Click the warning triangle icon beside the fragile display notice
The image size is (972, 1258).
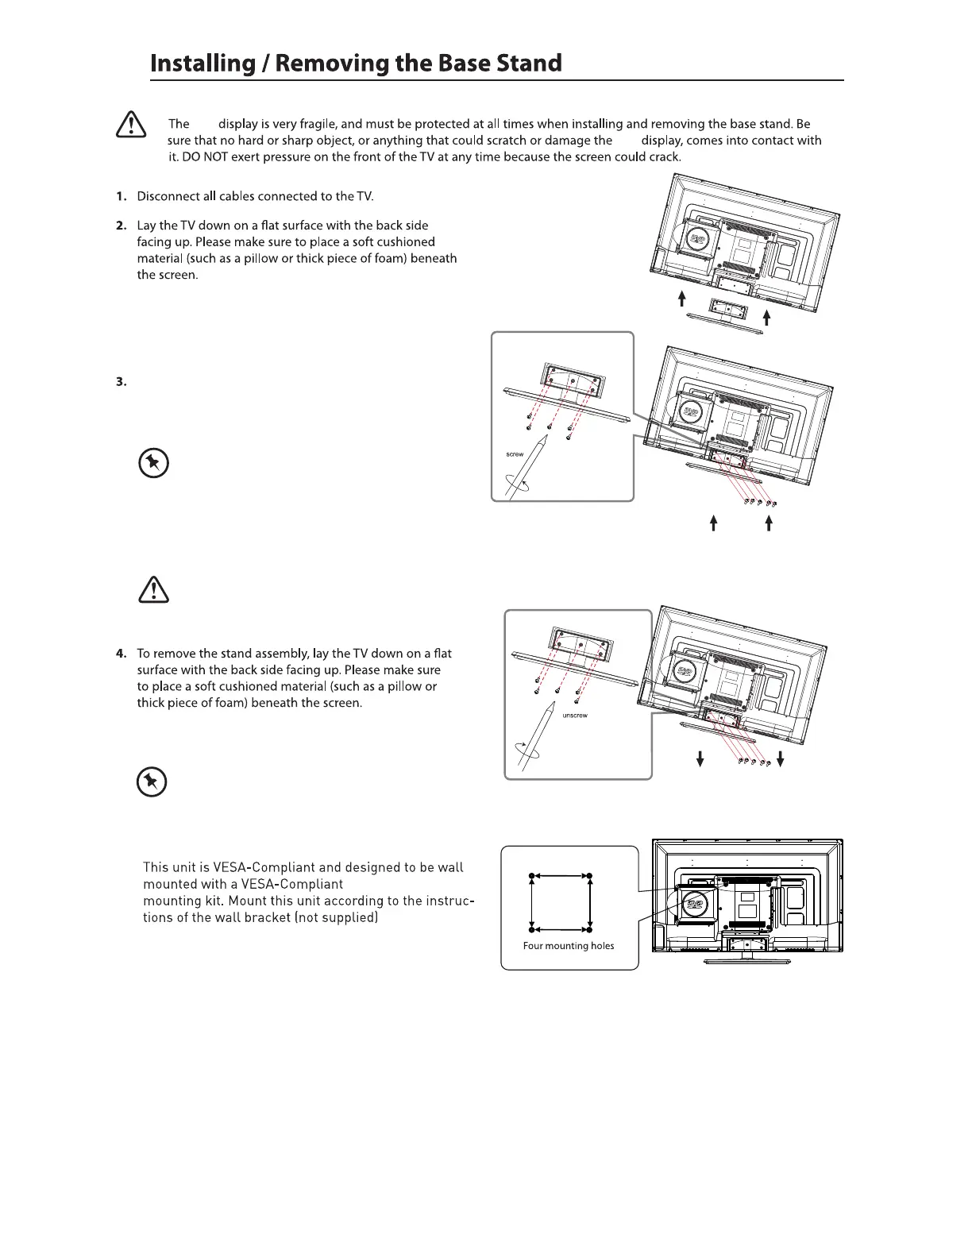(x=130, y=125)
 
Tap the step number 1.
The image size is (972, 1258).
(x=121, y=196)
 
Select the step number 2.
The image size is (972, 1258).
(x=121, y=226)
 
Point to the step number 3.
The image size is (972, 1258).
(x=121, y=382)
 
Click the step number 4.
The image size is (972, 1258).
(x=121, y=654)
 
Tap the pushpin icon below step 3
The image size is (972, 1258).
(x=152, y=463)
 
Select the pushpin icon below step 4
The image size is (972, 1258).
(x=152, y=783)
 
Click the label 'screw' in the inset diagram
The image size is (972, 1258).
(x=515, y=454)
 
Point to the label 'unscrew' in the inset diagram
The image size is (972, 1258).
(x=575, y=716)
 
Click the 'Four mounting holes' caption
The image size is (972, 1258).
(x=569, y=946)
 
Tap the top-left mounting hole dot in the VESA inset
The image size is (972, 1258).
(x=532, y=876)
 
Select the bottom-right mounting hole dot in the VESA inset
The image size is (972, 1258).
(x=590, y=928)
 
